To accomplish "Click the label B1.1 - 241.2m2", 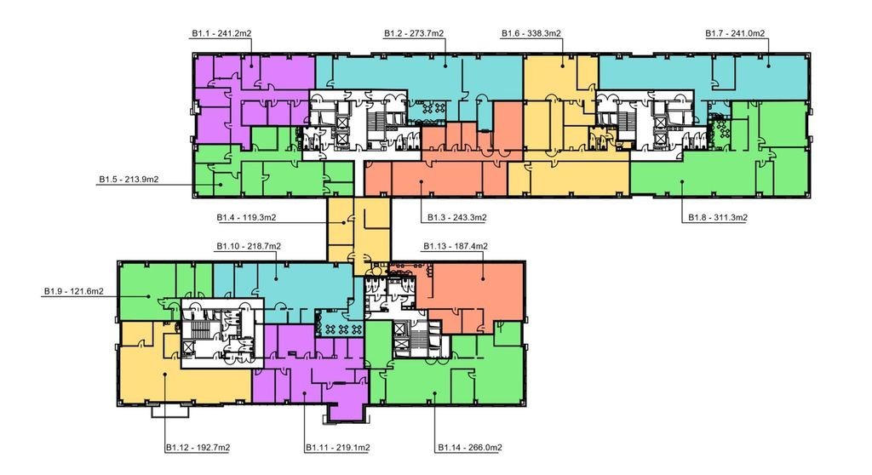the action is pyautogui.click(x=221, y=33).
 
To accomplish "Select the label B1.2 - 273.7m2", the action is pyautogui.click(x=414, y=33).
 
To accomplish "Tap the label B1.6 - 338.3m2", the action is pyautogui.click(x=531, y=33).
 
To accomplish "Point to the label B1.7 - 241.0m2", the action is pyautogui.click(x=735, y=33).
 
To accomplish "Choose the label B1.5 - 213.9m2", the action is pyautogui.click(x=129, y=179).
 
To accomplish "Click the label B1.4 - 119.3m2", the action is pyautogui.click(x=246, y=217).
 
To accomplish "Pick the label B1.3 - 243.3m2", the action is pyautogui.click(x=457, y=217).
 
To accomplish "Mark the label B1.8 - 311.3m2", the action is pyautogui.click(x=718, y=217).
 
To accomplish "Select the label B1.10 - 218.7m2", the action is pyautogui.click(x=249, y=246).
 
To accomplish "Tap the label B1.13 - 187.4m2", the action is pyautogui.click(x=456, y=246).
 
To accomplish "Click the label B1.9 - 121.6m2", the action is pyautogui.click(x=74, y=291).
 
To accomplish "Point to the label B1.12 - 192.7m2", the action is pyautogui.click(x=198, y=448).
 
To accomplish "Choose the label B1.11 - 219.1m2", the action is pyautogui.click(x=338, y=448).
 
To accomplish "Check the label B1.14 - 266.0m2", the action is pyautogui.click(x=470, y=448).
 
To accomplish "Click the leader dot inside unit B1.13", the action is pyautogui.click(x=483, y=278).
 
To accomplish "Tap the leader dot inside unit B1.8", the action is pyautogui.click(x=682, y=181).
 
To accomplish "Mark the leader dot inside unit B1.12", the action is pyautogui.click(x=165, y=375).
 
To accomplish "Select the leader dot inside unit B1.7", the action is pyautogui.click(x=769, y=66).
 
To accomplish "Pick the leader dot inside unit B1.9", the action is pyautogui.click(x=148, y=296).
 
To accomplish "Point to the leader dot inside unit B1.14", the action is pyautogui.click(x=435, y=393).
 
